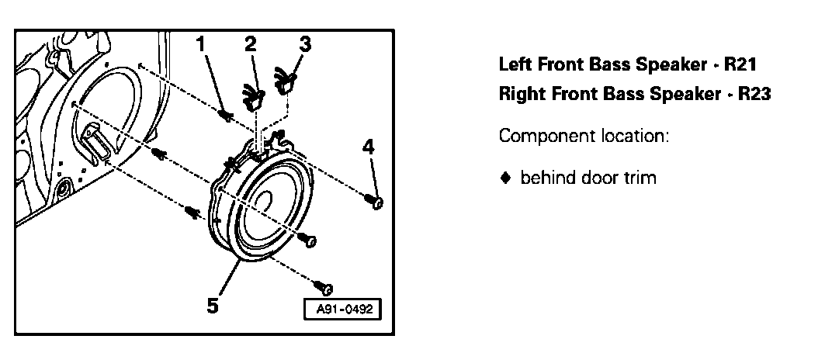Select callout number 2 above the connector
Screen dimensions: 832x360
pyautogui.click(x=250, y=44)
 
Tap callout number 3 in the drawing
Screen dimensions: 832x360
pyautogui.click(x=305, y=43)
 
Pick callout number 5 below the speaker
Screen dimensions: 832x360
pyautogui.click(x=212, y=305)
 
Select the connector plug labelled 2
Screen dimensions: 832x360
pyautogui.click(x=252, y=95)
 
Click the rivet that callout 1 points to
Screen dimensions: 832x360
pyautogui.click(x=225, y=116)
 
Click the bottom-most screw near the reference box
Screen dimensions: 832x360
pyautogui.click(x=326, y=288)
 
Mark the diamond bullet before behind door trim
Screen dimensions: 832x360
pyautogui.click(x=505, y=178)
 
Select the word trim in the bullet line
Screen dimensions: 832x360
pyautogui.click(x=640, y=178)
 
